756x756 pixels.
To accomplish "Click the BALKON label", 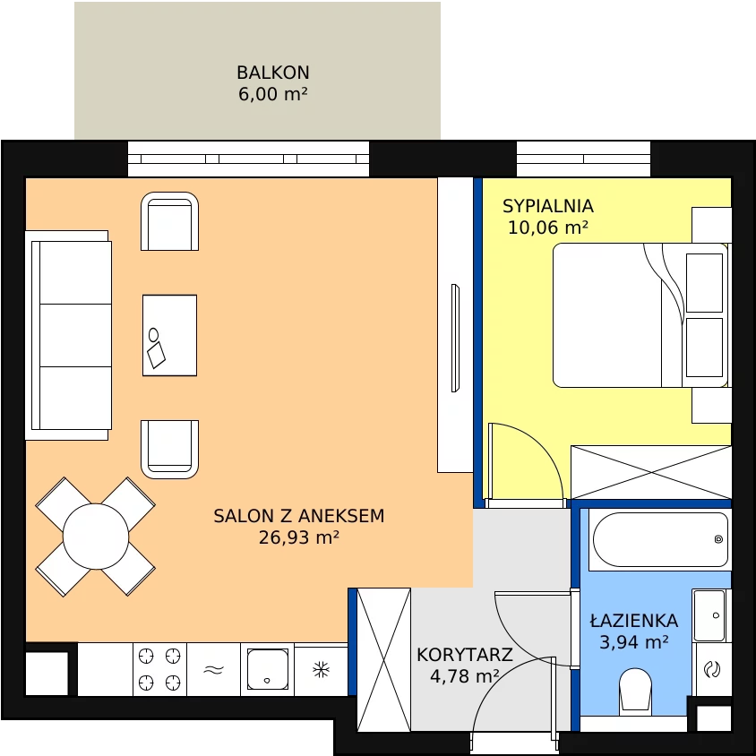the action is coord(273,73).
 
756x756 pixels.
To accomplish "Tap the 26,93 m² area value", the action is coord(299,537).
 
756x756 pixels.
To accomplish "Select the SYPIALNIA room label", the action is coord(547,206).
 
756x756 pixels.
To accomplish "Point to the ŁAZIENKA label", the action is coord(634,620).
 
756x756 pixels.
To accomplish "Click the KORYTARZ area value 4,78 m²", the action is coord(464,676).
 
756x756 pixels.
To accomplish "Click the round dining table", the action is coord(96,537).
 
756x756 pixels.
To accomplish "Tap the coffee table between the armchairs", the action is coord(169,335).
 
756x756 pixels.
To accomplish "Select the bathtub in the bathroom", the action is coord(660,539).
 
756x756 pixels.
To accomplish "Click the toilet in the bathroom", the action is coord(635,691).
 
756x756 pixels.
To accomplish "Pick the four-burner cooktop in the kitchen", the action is coord(159,669).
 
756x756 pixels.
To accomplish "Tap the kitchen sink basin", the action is coord(268,669).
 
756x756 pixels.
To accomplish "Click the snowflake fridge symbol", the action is coord(321,669).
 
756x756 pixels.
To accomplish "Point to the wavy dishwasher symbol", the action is coord(213,669).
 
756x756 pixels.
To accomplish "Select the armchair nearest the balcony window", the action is coord(169,221).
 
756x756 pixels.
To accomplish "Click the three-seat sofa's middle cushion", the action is coord(75,335).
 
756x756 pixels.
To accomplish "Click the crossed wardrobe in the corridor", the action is coord(383,659).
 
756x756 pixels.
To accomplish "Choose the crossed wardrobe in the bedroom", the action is coord(651,472).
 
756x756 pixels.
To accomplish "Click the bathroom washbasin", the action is coord(709,615).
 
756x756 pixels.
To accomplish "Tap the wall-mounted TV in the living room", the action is coord(455,338).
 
